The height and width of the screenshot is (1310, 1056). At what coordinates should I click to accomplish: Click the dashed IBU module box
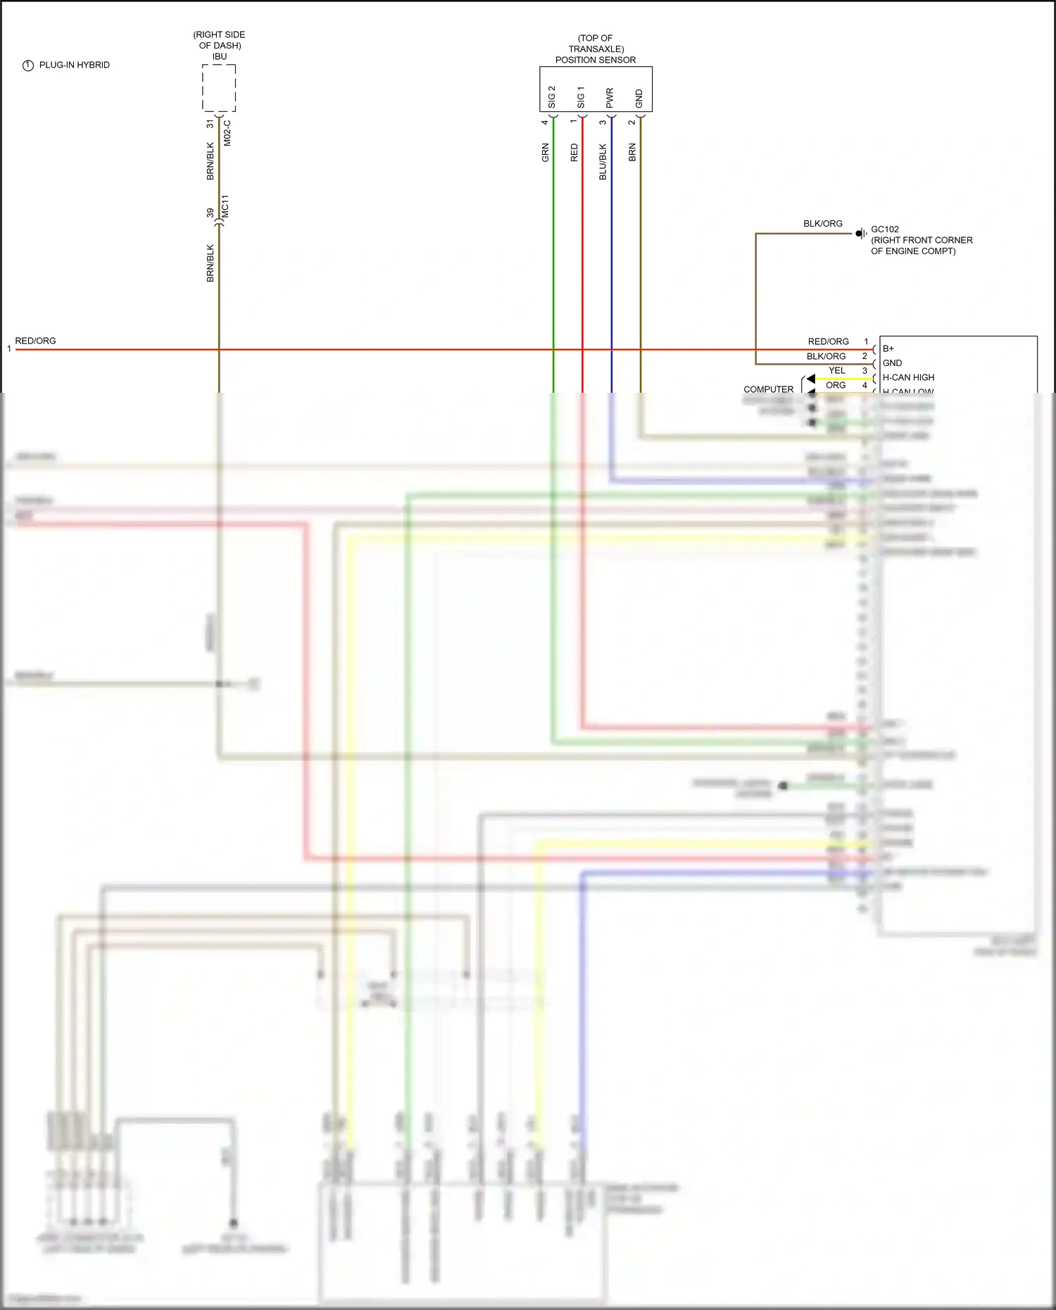tap(219, 88)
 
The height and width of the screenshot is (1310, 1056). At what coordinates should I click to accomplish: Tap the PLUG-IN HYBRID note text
tap(74, 65)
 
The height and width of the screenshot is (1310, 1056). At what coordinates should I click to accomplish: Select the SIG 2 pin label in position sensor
tap(551, 97)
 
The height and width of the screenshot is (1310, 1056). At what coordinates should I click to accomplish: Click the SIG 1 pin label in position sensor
tap(581, 97)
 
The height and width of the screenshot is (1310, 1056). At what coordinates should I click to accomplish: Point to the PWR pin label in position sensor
tap(610, 98)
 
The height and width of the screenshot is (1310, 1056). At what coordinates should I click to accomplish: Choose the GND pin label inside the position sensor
tap(639, 99)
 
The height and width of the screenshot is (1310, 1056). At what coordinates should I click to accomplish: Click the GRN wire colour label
tap(545, 152)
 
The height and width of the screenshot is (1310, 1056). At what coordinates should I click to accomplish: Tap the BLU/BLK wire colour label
tap(603, 162)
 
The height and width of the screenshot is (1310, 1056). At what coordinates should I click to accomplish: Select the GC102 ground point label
tap(885, 229)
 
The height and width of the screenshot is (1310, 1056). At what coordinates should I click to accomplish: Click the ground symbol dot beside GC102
tap(860, 234)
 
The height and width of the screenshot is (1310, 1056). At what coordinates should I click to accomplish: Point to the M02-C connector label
tap(227, 132)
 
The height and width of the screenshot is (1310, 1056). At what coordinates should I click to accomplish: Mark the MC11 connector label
tap(225, 206)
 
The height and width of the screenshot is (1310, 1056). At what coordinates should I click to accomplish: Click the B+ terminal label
tap(888, 348)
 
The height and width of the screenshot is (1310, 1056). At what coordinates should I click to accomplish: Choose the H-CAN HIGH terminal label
tap(908, 377)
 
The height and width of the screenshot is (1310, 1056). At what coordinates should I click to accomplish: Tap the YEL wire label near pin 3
tap(836, 371)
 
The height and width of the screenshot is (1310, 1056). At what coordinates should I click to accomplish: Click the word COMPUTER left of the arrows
tap(768, 389)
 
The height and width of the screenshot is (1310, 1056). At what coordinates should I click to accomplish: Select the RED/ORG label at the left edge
tap(35, 341)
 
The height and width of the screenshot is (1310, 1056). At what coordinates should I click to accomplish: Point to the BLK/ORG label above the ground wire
tap(822, 224)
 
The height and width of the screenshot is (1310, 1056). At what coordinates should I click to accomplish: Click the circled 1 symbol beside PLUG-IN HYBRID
tap(28, 65)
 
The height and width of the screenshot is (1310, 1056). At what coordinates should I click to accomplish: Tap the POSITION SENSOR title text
tap(595, 60)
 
